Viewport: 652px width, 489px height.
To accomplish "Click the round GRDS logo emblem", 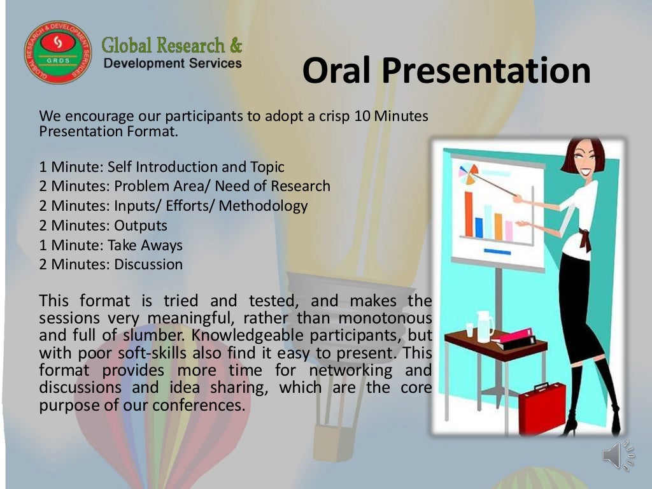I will pos(55,53).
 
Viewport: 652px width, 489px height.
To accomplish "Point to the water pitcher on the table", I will pos(485,326).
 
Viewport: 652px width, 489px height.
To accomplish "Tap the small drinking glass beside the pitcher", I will pos(469,329).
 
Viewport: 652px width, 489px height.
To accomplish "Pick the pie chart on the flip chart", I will pos(467,173).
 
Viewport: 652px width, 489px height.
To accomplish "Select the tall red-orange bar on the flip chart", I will pos(469,214).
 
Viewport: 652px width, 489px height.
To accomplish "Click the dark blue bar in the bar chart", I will pos(479,227).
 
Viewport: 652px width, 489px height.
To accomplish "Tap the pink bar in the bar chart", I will pos(509,230).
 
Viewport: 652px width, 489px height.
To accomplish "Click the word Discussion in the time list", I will pos(148,264).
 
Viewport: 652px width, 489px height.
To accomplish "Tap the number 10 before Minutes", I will pos(362,117).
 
